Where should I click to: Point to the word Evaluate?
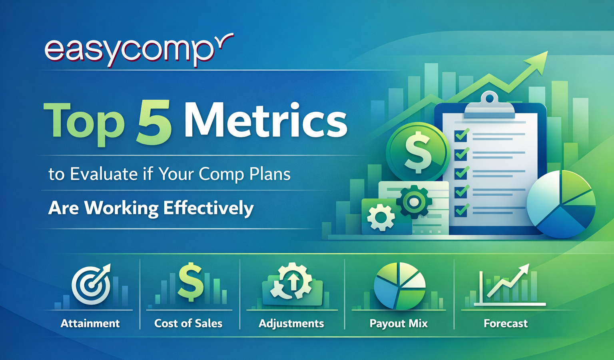[104, 174]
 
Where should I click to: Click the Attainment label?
[90, 323]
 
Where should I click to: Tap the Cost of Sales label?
[188, 323]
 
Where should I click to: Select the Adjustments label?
[291, 323]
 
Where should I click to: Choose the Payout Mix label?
[399, 323]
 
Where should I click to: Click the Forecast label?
[506, 323]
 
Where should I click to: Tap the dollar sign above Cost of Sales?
[191, 282]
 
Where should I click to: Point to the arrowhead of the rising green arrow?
[537, 62]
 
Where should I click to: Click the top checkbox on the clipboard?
[461, 136]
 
